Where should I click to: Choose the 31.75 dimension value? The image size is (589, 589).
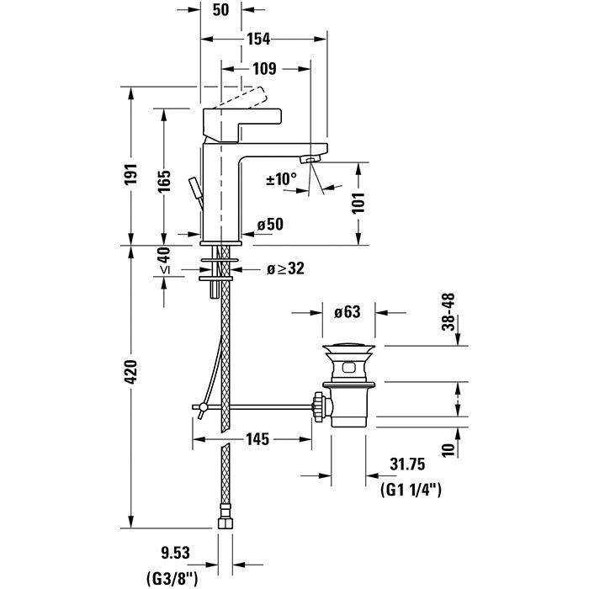[409, 462]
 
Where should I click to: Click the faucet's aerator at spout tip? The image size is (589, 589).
[310, 160]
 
